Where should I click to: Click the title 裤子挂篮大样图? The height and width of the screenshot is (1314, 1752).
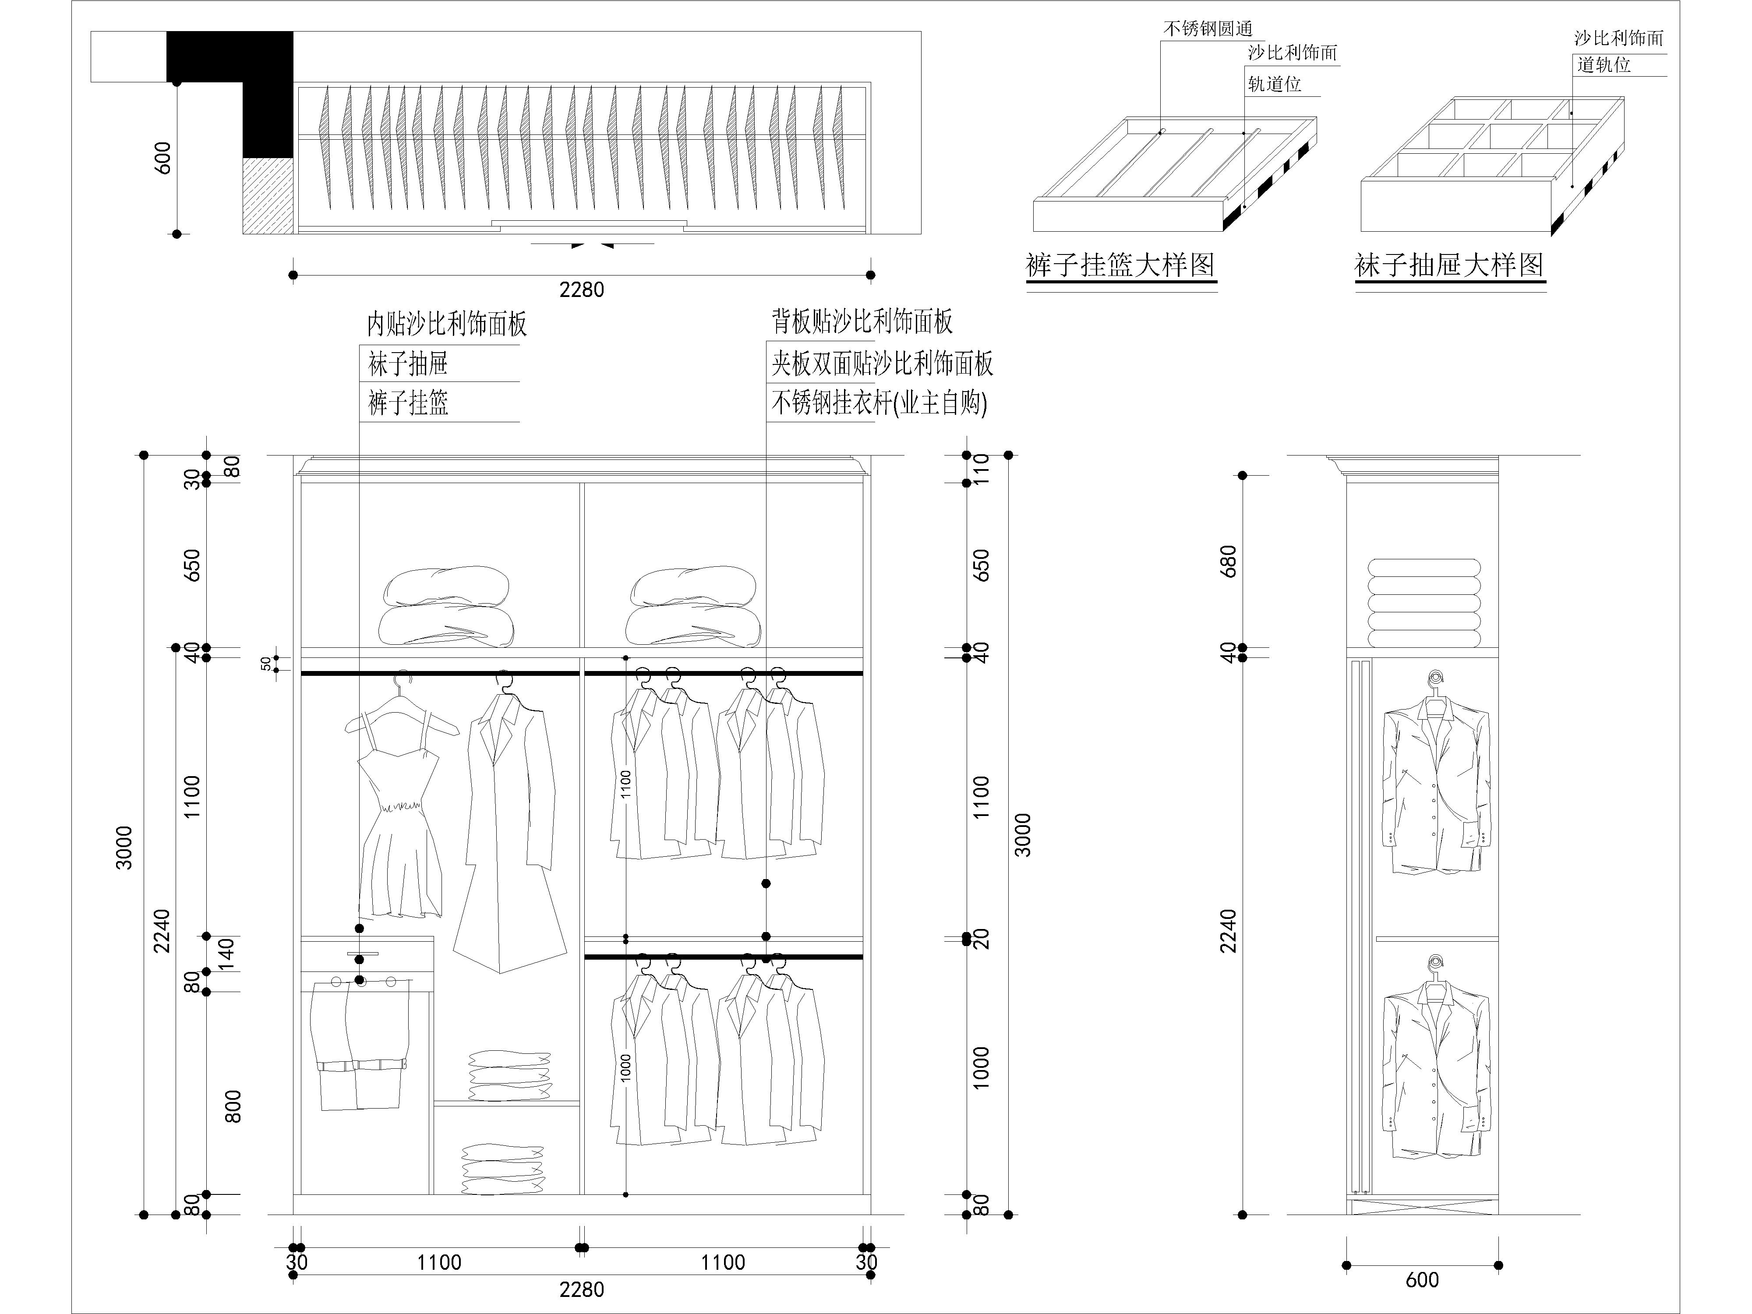point(1120,265)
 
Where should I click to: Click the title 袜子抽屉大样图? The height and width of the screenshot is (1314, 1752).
point(1449,265)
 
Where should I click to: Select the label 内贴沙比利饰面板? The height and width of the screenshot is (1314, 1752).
point(447,324)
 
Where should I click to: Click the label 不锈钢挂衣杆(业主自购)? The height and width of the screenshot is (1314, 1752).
point(879,403)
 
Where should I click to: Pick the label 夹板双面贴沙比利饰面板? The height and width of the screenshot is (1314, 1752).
point(882,364)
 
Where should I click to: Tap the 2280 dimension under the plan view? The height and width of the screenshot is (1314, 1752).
point(581,290)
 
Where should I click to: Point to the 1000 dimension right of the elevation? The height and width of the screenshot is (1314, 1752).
point(982,1068)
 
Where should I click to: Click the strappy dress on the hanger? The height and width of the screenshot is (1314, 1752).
point(400,808)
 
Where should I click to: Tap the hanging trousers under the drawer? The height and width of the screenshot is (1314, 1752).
point(359,1046)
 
